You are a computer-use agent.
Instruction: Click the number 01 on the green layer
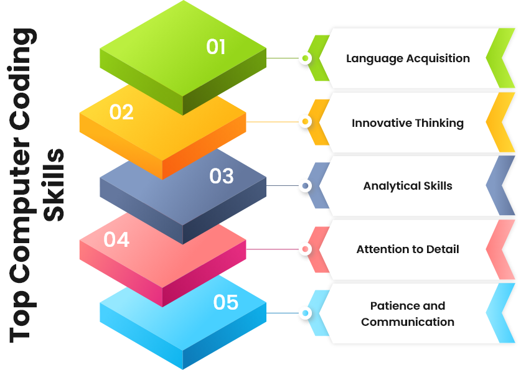point(216,47)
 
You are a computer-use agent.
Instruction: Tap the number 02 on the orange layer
point(121,112)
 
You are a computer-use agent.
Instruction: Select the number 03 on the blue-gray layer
point(221,176)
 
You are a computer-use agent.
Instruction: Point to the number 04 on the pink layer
point(116,239)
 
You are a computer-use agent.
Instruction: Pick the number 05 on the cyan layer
point(225,302)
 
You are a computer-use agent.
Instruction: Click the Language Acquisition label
point(408,58)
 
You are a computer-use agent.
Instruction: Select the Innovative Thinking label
point(408,123)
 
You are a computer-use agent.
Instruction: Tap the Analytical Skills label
point(408,186)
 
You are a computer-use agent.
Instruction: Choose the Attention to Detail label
point(408,249)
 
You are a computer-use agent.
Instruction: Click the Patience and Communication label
point(408,313)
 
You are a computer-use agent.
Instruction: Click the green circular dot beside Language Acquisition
point(305,58)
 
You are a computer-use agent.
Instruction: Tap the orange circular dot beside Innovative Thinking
point(305,122)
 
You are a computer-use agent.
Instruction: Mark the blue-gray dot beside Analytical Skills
point(305,185)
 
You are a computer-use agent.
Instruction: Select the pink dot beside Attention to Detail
point(305,249)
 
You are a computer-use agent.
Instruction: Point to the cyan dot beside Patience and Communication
point(305,313)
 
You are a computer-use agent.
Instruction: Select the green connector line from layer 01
point(281,58)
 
